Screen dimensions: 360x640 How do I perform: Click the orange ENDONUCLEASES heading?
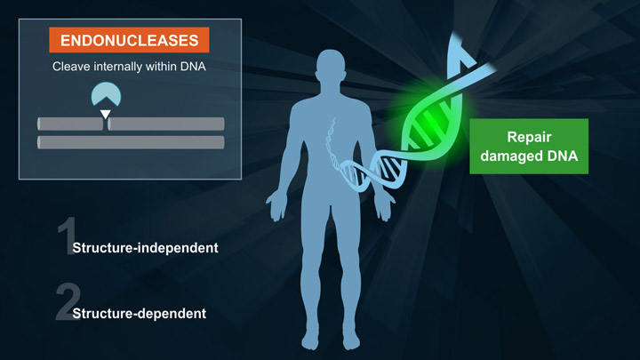pos(129,40)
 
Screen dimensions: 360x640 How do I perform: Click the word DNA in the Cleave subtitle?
pos(191,67)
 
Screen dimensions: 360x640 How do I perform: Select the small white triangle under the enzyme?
pos(106,114)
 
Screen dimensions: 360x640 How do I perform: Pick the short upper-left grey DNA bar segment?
pos(69,124)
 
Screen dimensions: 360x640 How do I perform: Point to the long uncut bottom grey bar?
pos(131,142)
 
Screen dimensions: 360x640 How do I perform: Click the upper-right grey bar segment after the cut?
pos(166,124)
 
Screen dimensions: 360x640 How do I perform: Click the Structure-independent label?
pos(145,247)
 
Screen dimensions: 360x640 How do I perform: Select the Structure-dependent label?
pos(139,313)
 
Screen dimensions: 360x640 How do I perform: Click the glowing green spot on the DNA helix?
pos(425,125)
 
